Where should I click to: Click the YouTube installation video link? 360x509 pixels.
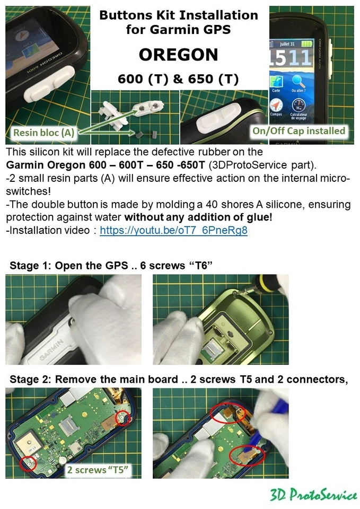(173, 231)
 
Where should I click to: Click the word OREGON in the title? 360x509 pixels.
(178, 55)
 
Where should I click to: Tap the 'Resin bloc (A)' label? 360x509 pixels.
(43, 133)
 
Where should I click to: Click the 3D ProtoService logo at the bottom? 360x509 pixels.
(313, 495)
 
